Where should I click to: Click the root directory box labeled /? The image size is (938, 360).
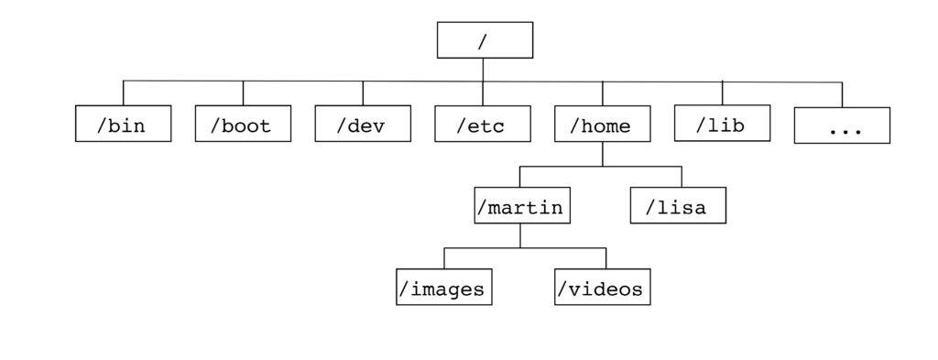click(x=485, y=40)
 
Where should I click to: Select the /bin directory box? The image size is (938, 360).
click(x=123, y=125)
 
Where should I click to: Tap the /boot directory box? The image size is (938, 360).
click(x=243, y=125)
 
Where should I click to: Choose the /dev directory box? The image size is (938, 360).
click(x=363, y=125)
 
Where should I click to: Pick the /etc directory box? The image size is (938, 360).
click(x=483, y=125)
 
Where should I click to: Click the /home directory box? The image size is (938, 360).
click(x=602, y=125)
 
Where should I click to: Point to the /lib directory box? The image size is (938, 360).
click(x=722, y=124)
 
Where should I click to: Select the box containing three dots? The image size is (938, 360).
click(x=842, y=126)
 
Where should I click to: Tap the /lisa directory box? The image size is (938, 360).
click(x=678, y=206)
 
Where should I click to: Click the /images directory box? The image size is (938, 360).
click(x=444, y=288)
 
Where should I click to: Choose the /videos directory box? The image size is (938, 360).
click(x=603, y=288)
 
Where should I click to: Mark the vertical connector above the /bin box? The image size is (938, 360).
click(x=123, y=93)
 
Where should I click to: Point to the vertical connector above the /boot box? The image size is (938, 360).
click(x=243, y=93)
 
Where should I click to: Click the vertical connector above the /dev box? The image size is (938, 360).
click(x=363, y=93)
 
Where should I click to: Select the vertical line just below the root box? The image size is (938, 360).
click(x=483, y=70)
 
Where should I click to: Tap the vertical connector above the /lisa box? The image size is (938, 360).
click(x=682, y=177)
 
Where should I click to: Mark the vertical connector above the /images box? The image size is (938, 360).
click(x=444, y=258)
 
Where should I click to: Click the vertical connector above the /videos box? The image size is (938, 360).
click(x=605, y=258)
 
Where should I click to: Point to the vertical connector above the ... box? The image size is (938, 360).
click(x=842, y=95)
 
